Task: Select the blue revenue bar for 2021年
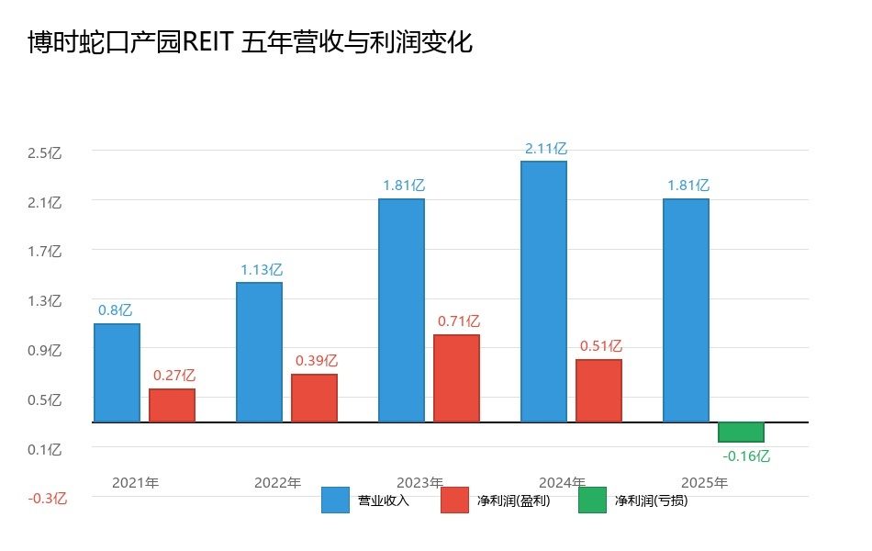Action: coord(117,373)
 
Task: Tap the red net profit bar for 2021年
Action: coord(172,405)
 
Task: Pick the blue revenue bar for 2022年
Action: coord(259,352)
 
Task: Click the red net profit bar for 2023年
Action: coord(456,378)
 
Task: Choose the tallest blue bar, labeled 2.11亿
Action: coord(543,291)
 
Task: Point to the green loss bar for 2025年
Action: coord(741,432)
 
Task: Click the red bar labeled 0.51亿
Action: coord(598,390)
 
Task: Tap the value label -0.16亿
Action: coord(746,455)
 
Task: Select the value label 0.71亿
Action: coord(459,321)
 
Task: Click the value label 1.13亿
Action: coord(262,270)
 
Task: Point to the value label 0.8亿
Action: coord(117,310)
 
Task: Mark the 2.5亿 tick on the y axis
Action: coord(44,153)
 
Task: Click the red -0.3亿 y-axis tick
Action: coord(47,499)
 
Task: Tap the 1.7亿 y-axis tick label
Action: coord(44,252)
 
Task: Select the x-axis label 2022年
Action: coord(277,483)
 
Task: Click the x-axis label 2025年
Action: coord(704,483)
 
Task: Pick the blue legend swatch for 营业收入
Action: coord(335,500)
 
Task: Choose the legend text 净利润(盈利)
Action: coord(514,501)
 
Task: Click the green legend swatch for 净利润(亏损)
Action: coord(592,500)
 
